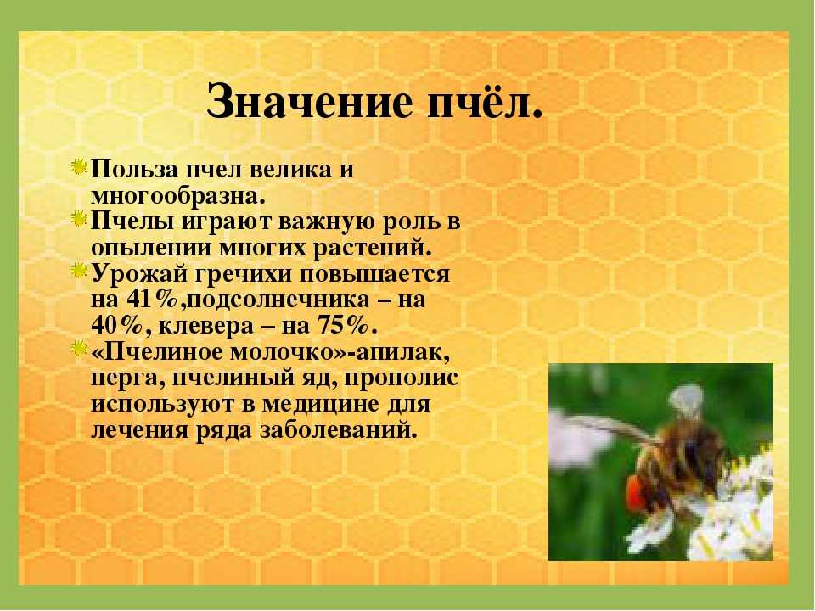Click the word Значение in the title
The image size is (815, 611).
pyautogui.click(x=309, y=101)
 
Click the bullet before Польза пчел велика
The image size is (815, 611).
pyautogui.click(x=79, y=167)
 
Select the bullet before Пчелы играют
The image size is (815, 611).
pyautogui.click(x=79, y=219)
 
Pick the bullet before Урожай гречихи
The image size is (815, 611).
pyautogui.click(x=79, y=271)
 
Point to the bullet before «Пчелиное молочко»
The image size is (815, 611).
pyautogui.click(x=79, y=349)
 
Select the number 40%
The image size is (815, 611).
pyautogui.click(x=117, y=326)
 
